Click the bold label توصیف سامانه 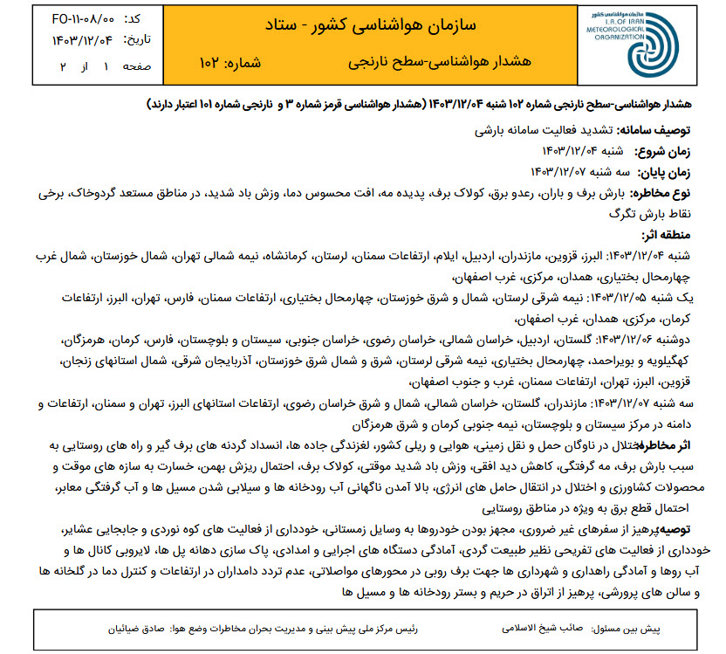pos(661,130)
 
